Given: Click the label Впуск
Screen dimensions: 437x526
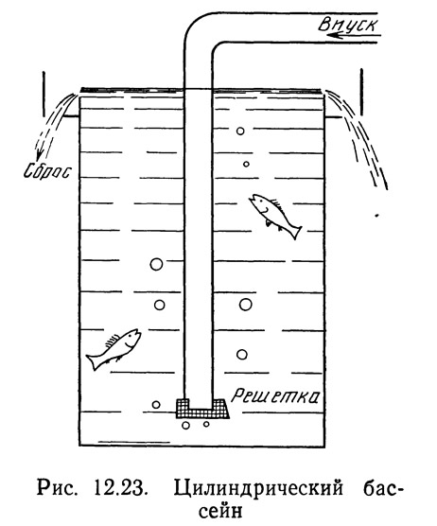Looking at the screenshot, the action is click(348, 25).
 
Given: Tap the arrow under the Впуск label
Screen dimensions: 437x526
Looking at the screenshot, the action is click(358, 34).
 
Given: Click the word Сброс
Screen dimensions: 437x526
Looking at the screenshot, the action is click(47, 171).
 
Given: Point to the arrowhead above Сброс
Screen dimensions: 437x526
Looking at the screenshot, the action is click(39, 155).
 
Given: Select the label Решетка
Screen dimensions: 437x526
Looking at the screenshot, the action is click(275, 395).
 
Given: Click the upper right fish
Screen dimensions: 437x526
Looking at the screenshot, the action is click(275, 215).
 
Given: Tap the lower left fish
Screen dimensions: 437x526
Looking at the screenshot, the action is click(114, 349).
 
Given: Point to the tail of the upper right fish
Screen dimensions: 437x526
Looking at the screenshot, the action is click(294, 232).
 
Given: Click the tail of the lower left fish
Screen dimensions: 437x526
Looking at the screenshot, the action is click(93, 361).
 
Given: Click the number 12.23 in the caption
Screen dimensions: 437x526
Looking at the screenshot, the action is click(121, 488).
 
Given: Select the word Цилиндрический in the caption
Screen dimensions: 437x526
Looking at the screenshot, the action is click(258, 489).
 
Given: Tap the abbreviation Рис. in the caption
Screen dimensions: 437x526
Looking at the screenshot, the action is click(56, 488).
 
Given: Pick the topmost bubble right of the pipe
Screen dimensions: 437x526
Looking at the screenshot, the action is click(240, 131).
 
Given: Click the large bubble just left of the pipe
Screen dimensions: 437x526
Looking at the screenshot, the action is click(156, 264).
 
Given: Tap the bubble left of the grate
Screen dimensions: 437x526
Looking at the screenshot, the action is click(156, 405).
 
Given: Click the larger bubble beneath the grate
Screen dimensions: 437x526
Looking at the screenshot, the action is click(185, 426).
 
